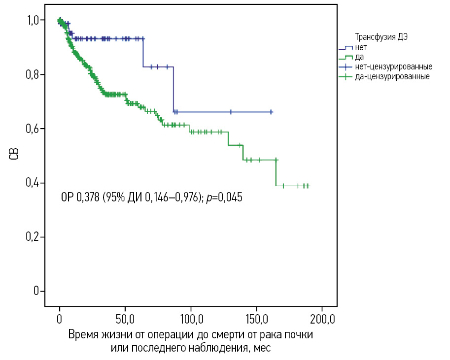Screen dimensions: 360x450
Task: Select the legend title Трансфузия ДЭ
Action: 382,37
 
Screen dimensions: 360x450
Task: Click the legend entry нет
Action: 361,47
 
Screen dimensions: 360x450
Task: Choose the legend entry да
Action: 360,57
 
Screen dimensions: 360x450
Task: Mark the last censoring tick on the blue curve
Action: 271,112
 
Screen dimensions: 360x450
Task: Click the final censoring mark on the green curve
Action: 308,186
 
